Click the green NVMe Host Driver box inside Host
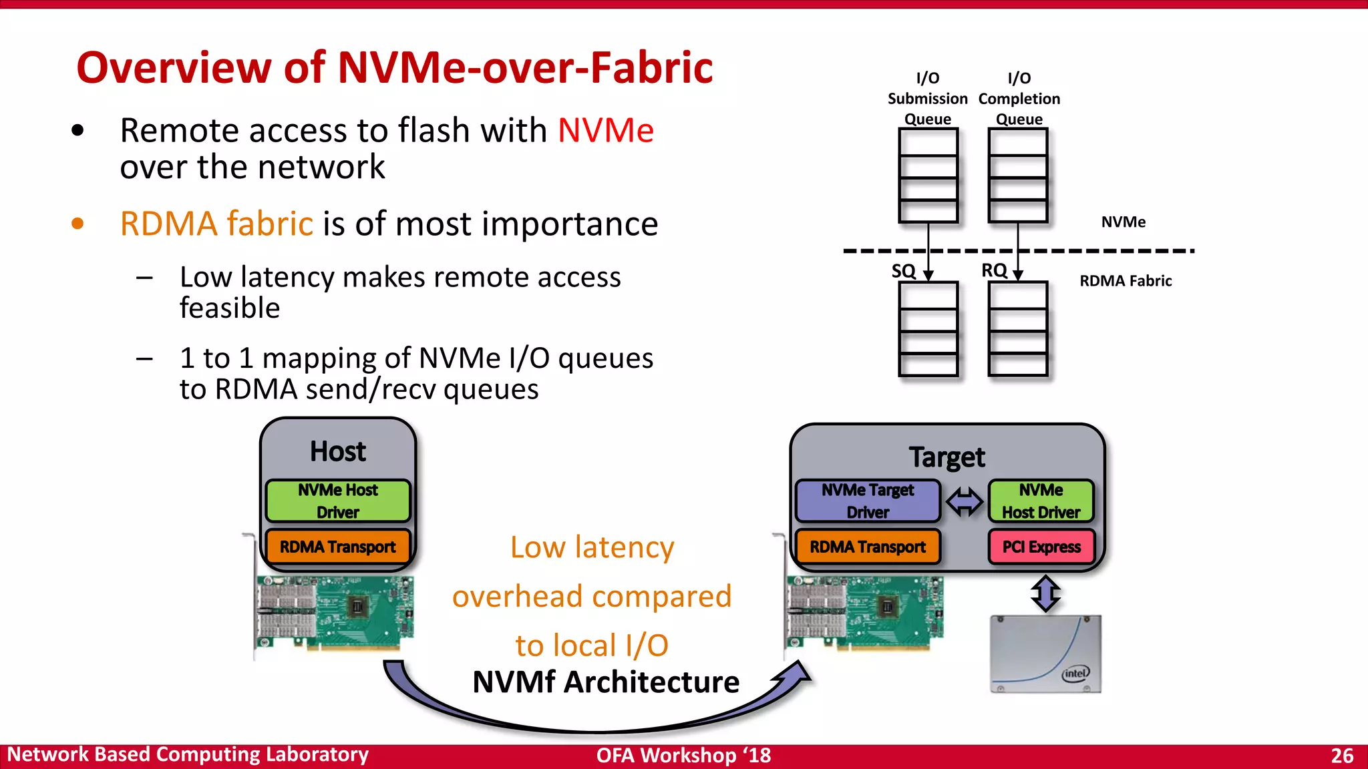pos(338,501)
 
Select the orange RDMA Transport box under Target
pos(868,547)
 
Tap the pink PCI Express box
pos(1041,547)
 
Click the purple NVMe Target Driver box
pos(868,501)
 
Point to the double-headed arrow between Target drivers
pos(965,501)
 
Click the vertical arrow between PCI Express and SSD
pos(1045,593)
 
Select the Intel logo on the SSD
pos(1075,673)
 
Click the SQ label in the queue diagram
pos(904,271)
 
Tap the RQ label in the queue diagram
pos(994,270)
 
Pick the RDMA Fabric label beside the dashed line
pos(1126,281)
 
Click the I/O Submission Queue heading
pos(927,98)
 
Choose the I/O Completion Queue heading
pos(1019,98)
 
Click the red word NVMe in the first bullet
pos(605,130)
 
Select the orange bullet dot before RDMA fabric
pos(77,224)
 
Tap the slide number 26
pos(1341,756)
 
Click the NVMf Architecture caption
pos(605,682)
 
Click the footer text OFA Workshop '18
pos(683,756)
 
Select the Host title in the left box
pos(338,452)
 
